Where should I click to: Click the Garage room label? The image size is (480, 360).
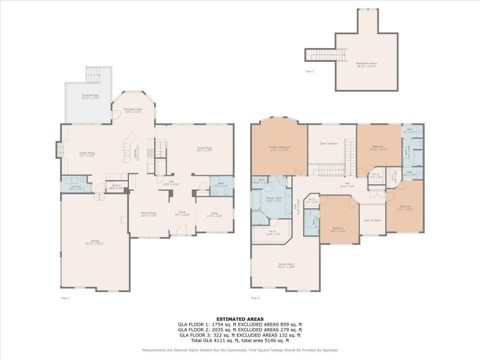click(x=95, y=242)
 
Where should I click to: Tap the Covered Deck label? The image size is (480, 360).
click(x=91, y=97)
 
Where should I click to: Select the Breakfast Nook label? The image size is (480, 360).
click(x=132, y=110)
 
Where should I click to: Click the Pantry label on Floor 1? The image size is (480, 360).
click(x=116, y=187)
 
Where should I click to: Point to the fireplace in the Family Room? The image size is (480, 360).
click(x=59, y=149)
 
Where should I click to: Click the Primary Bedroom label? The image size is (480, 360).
click(x=280, y=148)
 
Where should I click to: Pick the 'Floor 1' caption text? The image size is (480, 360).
click(x=65, y=297)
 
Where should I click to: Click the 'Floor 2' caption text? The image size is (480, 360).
click(x=256, y=297)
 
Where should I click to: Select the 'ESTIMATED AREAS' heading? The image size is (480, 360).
click(x=240, y=319)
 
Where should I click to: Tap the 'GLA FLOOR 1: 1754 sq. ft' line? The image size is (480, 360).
click(x=240, y=325)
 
